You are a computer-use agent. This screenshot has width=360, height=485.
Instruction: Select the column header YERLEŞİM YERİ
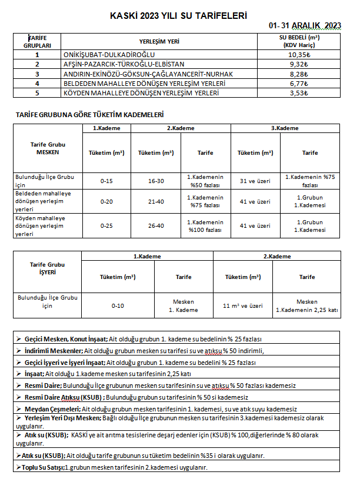point(159,42)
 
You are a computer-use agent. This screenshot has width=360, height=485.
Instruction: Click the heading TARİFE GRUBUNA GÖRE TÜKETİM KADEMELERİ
point(89,114)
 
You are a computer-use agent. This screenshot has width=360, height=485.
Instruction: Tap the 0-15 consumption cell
point(106,181)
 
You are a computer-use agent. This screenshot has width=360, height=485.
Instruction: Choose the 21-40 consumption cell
point(156,202)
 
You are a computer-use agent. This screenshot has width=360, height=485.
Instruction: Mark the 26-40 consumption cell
point(156,226)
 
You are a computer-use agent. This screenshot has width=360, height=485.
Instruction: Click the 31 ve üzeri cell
point(255,181)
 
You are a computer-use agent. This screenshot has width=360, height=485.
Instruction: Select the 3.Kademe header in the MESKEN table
point(285,128)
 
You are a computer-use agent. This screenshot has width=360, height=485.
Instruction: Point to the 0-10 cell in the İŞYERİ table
point(118,306)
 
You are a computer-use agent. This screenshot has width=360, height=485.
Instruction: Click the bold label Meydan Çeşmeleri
point(52,408)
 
